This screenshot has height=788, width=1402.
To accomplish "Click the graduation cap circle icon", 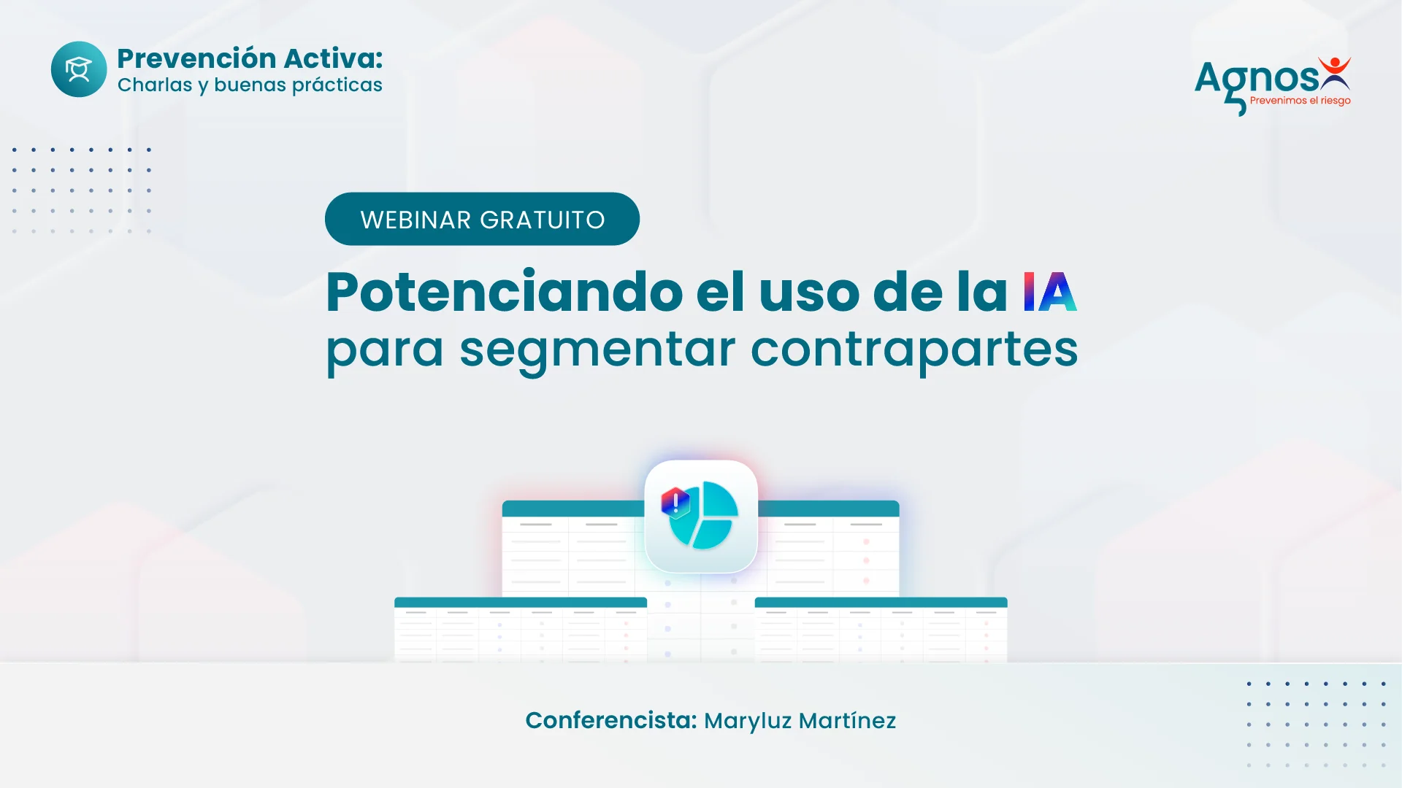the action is (79, 69).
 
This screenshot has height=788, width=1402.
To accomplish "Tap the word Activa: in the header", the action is (334, 58).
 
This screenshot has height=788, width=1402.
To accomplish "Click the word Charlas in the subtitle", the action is (155, 85).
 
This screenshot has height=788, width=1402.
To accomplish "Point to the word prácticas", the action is (337, 85).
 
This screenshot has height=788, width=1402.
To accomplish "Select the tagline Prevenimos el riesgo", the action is (1301, 101).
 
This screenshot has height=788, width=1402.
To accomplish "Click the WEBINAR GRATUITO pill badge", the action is (482, 219).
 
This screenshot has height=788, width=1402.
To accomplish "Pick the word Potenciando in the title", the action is (505, 292).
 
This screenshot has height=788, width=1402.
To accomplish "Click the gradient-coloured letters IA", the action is (1049, 292).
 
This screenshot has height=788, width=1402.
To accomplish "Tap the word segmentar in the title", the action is (597, 350).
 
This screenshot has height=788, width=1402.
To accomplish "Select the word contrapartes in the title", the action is (914, 350).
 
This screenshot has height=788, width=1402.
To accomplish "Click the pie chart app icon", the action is (701, 516).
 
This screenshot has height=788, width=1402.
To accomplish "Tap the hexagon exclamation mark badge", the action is (675, 503).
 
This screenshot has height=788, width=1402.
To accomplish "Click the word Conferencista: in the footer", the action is (611, 720).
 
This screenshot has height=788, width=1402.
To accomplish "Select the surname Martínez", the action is (847, 720).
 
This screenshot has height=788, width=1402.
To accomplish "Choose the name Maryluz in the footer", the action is (748, 722).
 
